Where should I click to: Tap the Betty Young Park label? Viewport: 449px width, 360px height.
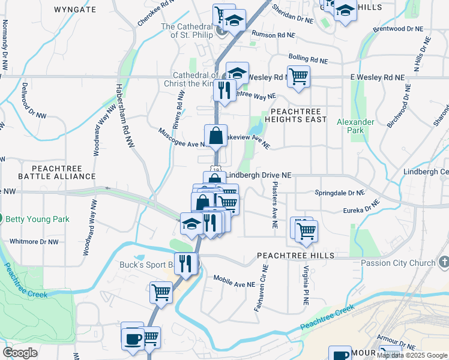coord(37,219)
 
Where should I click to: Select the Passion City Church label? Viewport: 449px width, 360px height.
coord(398,263)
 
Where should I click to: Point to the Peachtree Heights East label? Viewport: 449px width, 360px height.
coord(298,115)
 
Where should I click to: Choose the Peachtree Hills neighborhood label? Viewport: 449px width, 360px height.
coord(296,256)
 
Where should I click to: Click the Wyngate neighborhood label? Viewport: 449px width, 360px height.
coord(74,10)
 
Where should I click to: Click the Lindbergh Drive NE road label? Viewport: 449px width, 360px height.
coord(259,175)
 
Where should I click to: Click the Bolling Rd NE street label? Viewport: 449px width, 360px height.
coord(308,59)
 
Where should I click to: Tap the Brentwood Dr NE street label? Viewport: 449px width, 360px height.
coord(394,28)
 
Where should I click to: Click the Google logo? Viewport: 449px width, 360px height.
coord(20,353)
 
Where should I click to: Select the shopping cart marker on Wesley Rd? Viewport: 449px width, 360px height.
coord(298,76)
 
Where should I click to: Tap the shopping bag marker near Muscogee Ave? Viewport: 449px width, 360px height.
coord(215,135)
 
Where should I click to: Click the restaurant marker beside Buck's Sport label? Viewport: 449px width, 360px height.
coord(186,263)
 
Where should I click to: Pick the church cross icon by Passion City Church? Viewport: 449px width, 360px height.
coord(444,262)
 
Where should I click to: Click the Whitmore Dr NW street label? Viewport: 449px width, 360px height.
coord(34,242)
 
